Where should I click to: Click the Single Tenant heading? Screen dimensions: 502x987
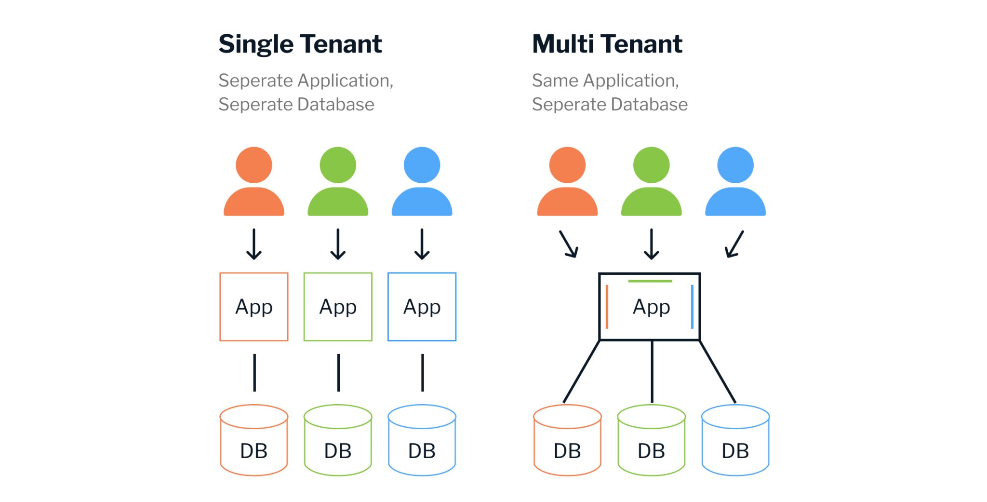[300, 44]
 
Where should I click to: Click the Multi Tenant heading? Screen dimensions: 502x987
[607, 44]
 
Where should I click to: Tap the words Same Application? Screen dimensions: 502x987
[605, 81]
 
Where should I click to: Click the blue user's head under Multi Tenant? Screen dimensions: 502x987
[735, 165]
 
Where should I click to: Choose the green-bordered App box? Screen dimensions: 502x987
[338, 307]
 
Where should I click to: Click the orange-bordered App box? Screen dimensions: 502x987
[254, 307]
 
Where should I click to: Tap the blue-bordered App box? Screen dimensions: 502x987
[422, 307]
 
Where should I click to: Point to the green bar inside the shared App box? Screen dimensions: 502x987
[650, 281]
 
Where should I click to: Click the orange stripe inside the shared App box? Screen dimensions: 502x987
[607, 307]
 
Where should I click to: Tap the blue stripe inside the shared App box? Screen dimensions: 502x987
[692, 307]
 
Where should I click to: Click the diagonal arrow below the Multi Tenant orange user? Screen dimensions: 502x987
[569, 244]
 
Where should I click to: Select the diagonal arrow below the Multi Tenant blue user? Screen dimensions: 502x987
[734, 244]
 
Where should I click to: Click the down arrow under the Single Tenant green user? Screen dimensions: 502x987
[338, 244]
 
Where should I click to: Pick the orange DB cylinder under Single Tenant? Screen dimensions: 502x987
[254, 441]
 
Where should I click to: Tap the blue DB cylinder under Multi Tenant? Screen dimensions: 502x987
[735, 441]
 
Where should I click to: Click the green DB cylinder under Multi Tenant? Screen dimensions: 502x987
[651, 441]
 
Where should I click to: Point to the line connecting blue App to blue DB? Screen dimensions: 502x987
[423, 372]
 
